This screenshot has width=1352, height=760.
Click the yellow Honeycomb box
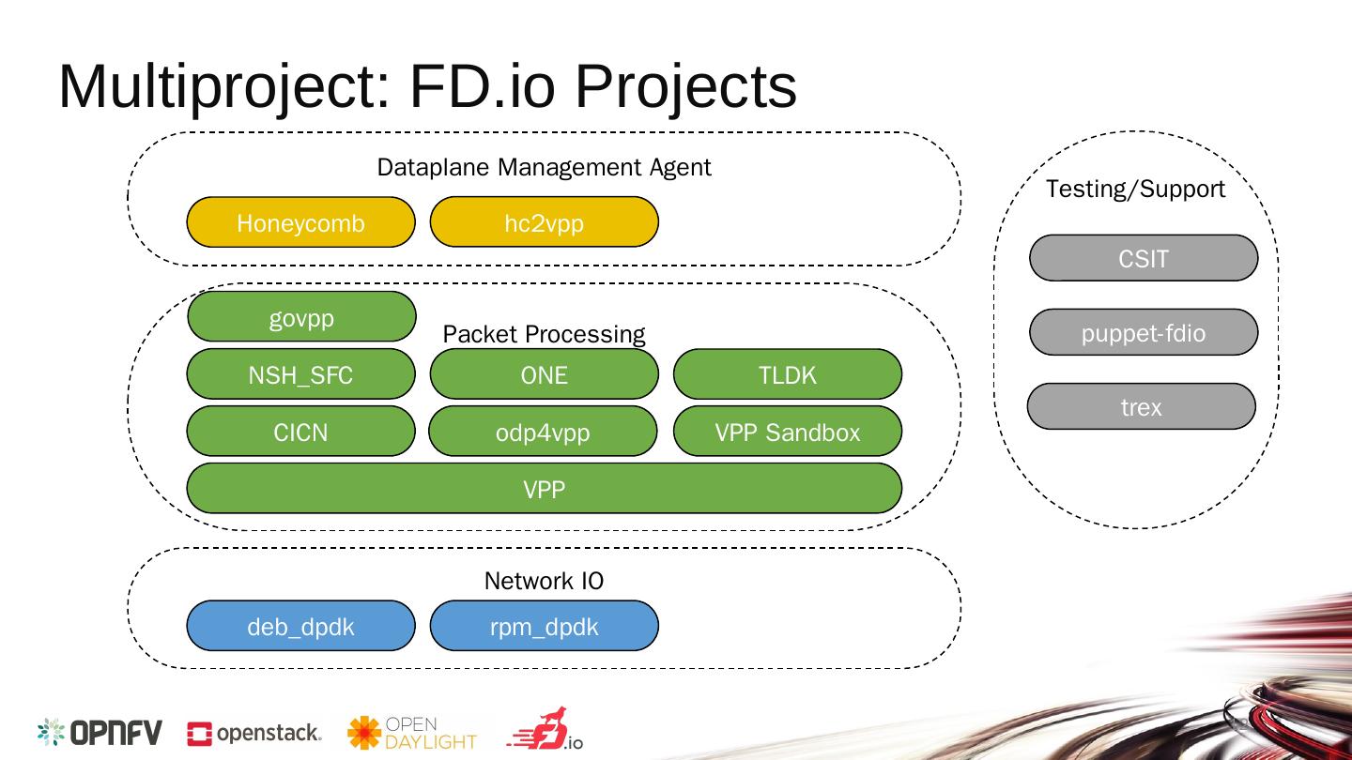pos(300,222)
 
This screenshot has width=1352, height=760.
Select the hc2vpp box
pos(544,222)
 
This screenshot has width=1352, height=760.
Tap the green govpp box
pos(301,317)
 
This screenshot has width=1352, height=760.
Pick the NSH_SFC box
pos(300,374)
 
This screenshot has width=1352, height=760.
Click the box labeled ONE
pos(544,374)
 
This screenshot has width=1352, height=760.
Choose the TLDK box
pos(788,374)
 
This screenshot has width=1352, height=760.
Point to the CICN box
pos(300,432)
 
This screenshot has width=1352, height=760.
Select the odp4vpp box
pos(543,432)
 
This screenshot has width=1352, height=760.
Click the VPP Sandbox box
pos(788,432)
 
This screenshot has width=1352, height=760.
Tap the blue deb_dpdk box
pos(300,626)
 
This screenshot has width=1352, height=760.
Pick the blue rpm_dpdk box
pos(544,626)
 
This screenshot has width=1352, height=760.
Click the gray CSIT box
pos(1144,258)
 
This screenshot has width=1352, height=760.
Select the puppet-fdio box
pos(1144,332)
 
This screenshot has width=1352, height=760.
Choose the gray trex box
pos(1142,406)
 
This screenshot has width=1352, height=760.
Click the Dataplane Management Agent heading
pos(544,167)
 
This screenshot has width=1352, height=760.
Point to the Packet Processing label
pos(544,334)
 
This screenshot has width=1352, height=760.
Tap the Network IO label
pos(544,581)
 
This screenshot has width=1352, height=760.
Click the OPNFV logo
pos(100,732)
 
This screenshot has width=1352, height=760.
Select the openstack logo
pos(254,733)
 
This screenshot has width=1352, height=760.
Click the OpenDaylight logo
pos(412,732)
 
